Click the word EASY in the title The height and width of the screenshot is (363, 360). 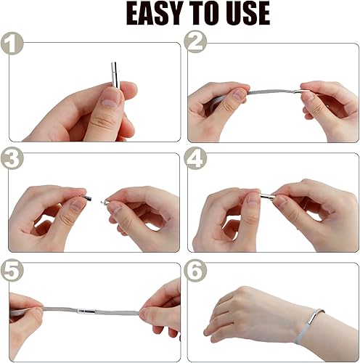pyautogui.click(x=155, y=13)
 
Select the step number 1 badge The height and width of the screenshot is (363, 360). pyautogui.click(x=12, y=44)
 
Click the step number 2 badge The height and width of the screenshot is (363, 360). pyautogui.click(x=195, y=41)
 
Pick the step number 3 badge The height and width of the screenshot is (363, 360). pyautogui.click(x=12, y=158)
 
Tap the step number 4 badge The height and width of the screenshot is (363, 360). pyautogui.click(x=195, y=158)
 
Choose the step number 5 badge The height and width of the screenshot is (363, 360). pyautogui.click(x=12, y=270)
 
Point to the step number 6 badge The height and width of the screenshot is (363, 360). pyautogui.click(x=195, y=270)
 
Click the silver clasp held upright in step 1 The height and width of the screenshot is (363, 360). pyautogui.click(x=115, y=75)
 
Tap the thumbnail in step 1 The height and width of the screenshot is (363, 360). pyautogui.click(x=110, y=97)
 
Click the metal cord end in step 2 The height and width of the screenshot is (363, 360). pyautogui.click(x=301, y=91)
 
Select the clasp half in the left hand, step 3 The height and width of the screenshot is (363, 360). pyautogui.click(x=87, y=198)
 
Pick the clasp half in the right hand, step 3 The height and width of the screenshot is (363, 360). pyautogui.click(x=105, y=202)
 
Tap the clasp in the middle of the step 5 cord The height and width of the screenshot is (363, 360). pyautogui.click(x=86, y=311)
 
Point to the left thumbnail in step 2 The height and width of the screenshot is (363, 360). pyautogui.click(x=239, y=94)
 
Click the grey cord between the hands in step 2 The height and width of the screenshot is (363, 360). pyautogui.click(x=271, y=92)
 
